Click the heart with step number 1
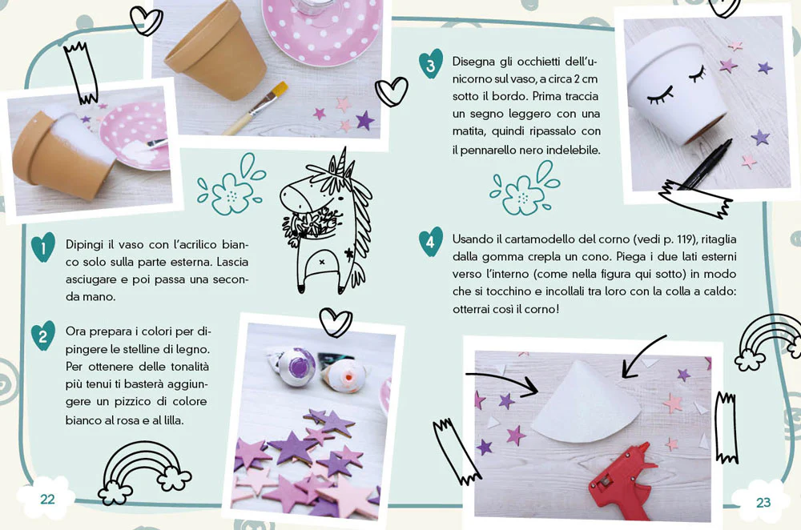click(43, 247)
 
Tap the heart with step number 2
click(43, 335)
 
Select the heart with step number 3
click(431, 64)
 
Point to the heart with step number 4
click(431, 242)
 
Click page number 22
click(47, 499)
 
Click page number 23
click(763, 503)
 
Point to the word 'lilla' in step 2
click(172, 420)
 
